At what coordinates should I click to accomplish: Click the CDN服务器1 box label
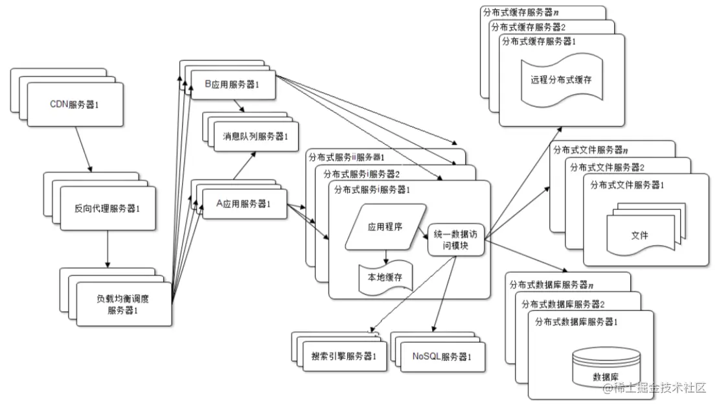click(74, 103)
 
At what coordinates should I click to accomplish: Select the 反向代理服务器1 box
click(108, 209)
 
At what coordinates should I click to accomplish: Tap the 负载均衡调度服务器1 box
click(123, 304)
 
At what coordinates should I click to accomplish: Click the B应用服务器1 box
click(231, 85)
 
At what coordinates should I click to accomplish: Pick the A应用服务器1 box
click(243, 204)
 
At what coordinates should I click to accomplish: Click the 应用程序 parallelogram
click(385, 227)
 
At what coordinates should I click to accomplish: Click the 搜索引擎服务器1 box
click(343, 356)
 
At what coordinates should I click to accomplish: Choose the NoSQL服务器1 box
click(441, 356)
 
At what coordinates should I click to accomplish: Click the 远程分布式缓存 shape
click(561, 80)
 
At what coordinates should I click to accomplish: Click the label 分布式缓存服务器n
click(521, 12)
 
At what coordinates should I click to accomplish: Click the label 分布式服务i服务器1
click(372, 189)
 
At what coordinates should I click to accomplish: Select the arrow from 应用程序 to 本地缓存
click(385, 257)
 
